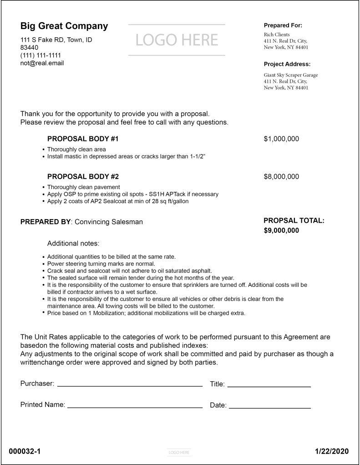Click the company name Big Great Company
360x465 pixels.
tap(64, 26)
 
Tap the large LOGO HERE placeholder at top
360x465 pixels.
tap(177, 40)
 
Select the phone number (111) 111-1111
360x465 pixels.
tap(41, 55)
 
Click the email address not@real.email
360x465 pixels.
tap(42, 63)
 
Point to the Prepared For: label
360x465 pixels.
tap(283, 25)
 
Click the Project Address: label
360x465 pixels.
tap(287, 64)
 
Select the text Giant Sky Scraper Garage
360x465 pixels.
tap(291, 75)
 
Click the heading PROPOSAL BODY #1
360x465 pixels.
tap(83, 139)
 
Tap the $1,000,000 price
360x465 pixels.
tap(281, 139)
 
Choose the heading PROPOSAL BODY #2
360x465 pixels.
tap(83, 176)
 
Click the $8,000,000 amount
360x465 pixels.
tap(281, 176)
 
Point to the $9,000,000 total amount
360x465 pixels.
tap(281, 230)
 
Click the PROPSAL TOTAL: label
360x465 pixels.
tap(294, 220)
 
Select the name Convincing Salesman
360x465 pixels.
tap(108, 222)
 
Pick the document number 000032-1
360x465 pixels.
tap(25, 451)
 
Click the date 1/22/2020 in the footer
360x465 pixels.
tap(332, 451)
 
